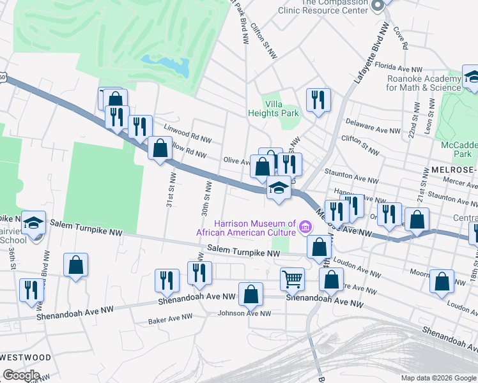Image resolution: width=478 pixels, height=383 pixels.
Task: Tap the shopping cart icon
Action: [x=292, y=278]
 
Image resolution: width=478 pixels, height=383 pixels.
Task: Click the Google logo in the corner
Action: [x=21, y=375]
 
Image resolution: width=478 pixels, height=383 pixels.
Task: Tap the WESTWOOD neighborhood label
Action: [x=26, y=357]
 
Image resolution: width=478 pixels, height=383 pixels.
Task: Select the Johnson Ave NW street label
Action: [x=244, y=313]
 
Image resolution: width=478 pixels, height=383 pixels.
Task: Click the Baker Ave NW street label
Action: [x=170, y=317]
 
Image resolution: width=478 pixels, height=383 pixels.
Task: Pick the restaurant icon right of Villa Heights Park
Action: [x=318, y=100]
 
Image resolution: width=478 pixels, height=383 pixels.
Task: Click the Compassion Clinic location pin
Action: [x=377, y=4]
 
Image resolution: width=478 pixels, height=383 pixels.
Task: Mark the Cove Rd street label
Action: [x=401, y=38]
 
